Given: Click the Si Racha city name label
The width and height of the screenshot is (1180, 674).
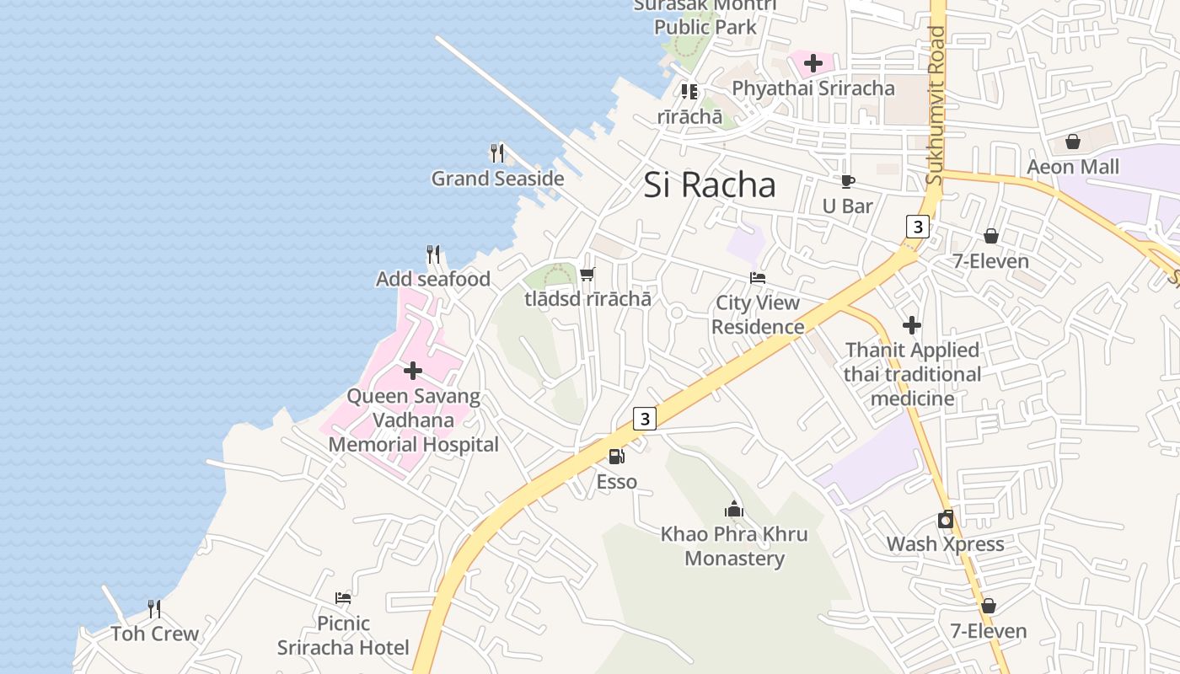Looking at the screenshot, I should (709, 185).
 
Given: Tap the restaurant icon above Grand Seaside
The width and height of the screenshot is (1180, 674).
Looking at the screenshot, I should (497, 153).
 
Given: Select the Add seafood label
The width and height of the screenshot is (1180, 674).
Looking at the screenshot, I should (432, 279).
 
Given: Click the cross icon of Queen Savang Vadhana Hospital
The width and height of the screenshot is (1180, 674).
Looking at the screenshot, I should (413, 371).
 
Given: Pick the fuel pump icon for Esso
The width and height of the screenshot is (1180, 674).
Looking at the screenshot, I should (617, 457).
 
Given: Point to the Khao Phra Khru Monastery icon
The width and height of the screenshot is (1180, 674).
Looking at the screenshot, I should (734, 509).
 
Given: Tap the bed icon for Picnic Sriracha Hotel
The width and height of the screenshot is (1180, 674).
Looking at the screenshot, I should (343, 598).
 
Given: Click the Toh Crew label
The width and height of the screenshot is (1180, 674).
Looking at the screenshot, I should (155, 634).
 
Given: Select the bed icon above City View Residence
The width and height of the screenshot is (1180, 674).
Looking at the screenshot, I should (758, 278).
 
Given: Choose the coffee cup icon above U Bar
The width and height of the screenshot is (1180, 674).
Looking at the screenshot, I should (847, 181).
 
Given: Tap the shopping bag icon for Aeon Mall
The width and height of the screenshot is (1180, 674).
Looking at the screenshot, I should (1073, 142).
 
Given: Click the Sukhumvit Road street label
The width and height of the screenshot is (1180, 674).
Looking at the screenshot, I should (936, 105).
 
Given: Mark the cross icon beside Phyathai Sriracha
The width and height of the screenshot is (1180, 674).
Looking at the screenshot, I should (813, 63).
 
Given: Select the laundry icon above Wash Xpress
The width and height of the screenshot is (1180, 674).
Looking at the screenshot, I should (946, 519).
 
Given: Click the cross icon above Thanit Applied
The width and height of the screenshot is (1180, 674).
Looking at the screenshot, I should (912, 325).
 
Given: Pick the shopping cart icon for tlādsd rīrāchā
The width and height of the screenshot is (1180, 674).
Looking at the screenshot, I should (587, 274).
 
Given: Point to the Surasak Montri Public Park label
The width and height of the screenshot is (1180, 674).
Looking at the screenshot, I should (705, 17).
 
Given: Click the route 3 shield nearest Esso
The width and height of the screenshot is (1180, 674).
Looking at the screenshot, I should (645, 419).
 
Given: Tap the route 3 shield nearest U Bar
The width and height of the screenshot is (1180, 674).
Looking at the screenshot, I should (918, 227).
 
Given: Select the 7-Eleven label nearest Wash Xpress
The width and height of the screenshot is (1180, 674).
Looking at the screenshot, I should (989, 631).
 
